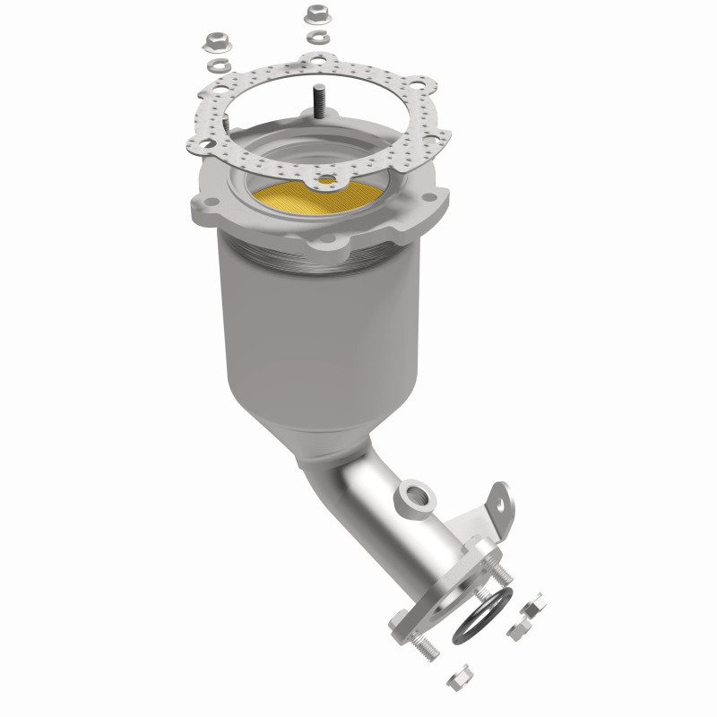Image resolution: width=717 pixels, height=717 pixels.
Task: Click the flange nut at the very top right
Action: (x=315, y=15)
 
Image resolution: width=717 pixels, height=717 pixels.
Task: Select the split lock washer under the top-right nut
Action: (x=315, y=38)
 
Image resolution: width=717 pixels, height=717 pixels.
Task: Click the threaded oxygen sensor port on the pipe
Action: (x=414, y=494)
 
